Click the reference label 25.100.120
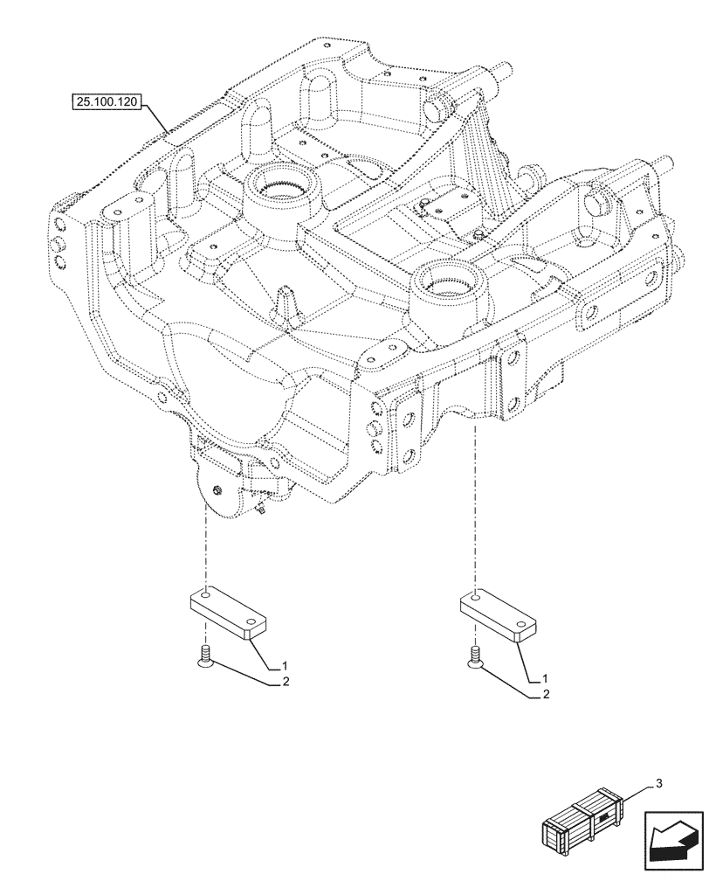point(107,102)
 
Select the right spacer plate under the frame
point(497,618)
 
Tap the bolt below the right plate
point(475,658)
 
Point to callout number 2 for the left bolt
point(285,683)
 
